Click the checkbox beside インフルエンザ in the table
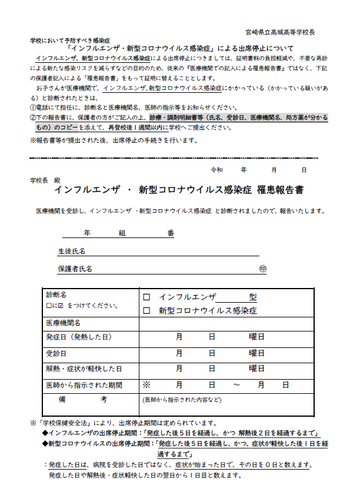tap(147, 297)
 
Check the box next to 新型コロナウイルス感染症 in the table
tap(147, 310)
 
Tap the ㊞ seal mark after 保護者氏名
tap(263, 269)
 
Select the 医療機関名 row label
tap(64, 323)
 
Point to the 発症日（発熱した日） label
tap(79, 337)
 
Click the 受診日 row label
tap(56, 354)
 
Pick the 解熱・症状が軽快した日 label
tap(84, 369)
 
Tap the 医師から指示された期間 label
tap(84, 385)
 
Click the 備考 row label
tap(82, 400)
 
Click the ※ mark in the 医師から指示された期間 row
tap(147, 385)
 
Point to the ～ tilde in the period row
tap(236, 385)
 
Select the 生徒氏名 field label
tap(71, 251)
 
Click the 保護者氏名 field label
tap(75, 269)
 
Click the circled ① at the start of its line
tap(33, 108)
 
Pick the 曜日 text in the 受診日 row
tap(256, 354)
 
